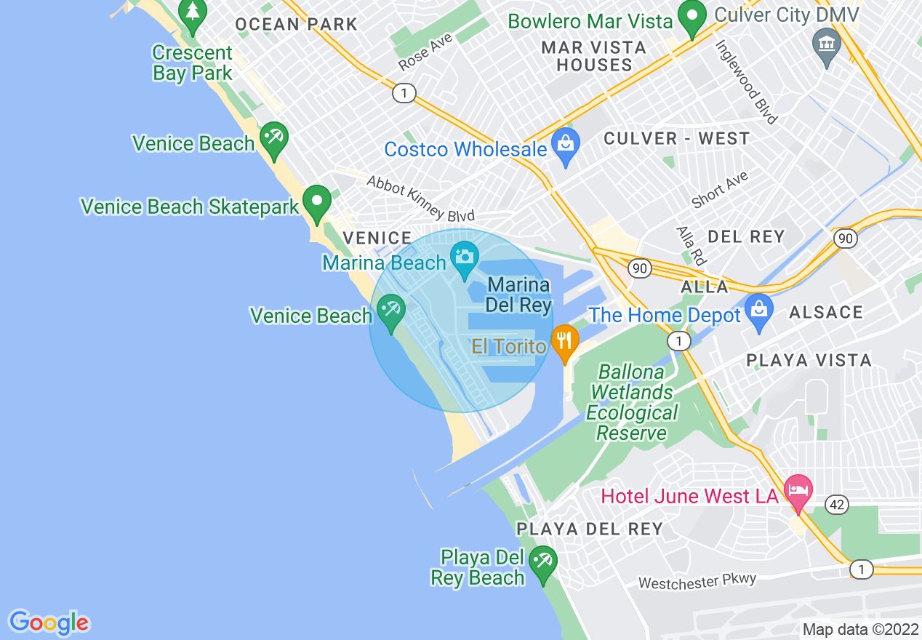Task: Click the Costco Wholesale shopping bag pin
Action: coord(565,143)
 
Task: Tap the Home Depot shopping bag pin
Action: coord(758,311)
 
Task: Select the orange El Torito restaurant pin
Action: coord(564,340)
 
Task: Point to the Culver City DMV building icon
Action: coord(827,44)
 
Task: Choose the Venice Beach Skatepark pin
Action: coord(316,201)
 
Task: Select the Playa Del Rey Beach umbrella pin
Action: coord(542,562)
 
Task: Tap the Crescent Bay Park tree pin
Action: coord(193,15)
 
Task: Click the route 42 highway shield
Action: coord(838,505)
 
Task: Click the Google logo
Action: coord(49,623)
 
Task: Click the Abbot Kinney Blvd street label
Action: coord(420,199)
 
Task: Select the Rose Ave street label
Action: coord(425,52)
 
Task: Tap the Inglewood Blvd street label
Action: coord(747,81)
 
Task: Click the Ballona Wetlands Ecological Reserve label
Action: coord(631,402)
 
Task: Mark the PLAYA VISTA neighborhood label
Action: coord(809,361)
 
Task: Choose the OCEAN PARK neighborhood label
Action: coord(296,24)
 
